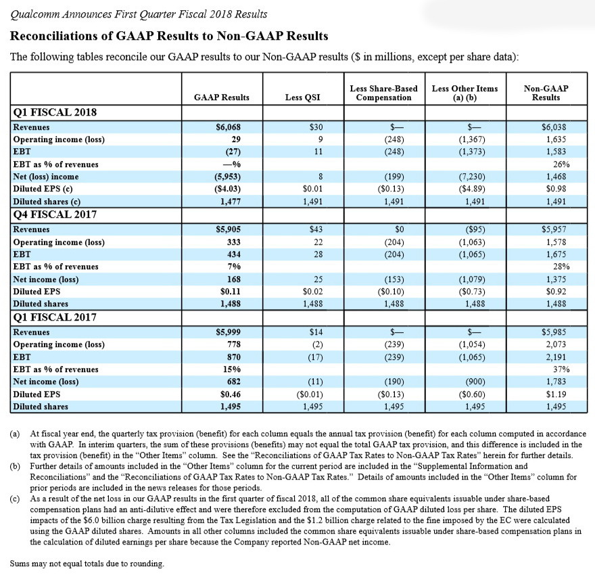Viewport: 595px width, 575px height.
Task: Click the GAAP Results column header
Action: tap(221, 97)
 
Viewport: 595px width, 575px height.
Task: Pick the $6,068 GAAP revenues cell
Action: tap(228, 127)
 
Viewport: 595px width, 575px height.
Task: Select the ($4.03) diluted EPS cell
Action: tap(227, 189)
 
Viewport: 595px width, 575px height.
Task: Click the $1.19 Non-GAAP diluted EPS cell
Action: tap(556, 394)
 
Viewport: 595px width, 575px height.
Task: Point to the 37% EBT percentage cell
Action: tap(561, 369)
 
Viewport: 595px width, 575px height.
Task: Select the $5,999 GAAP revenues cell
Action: tap(228, 332)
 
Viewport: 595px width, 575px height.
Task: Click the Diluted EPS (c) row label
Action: tap(46, 189)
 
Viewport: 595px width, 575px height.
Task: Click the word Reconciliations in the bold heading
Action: tap(55, 36)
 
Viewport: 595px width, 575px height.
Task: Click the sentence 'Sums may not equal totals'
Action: tap(87, 563)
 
